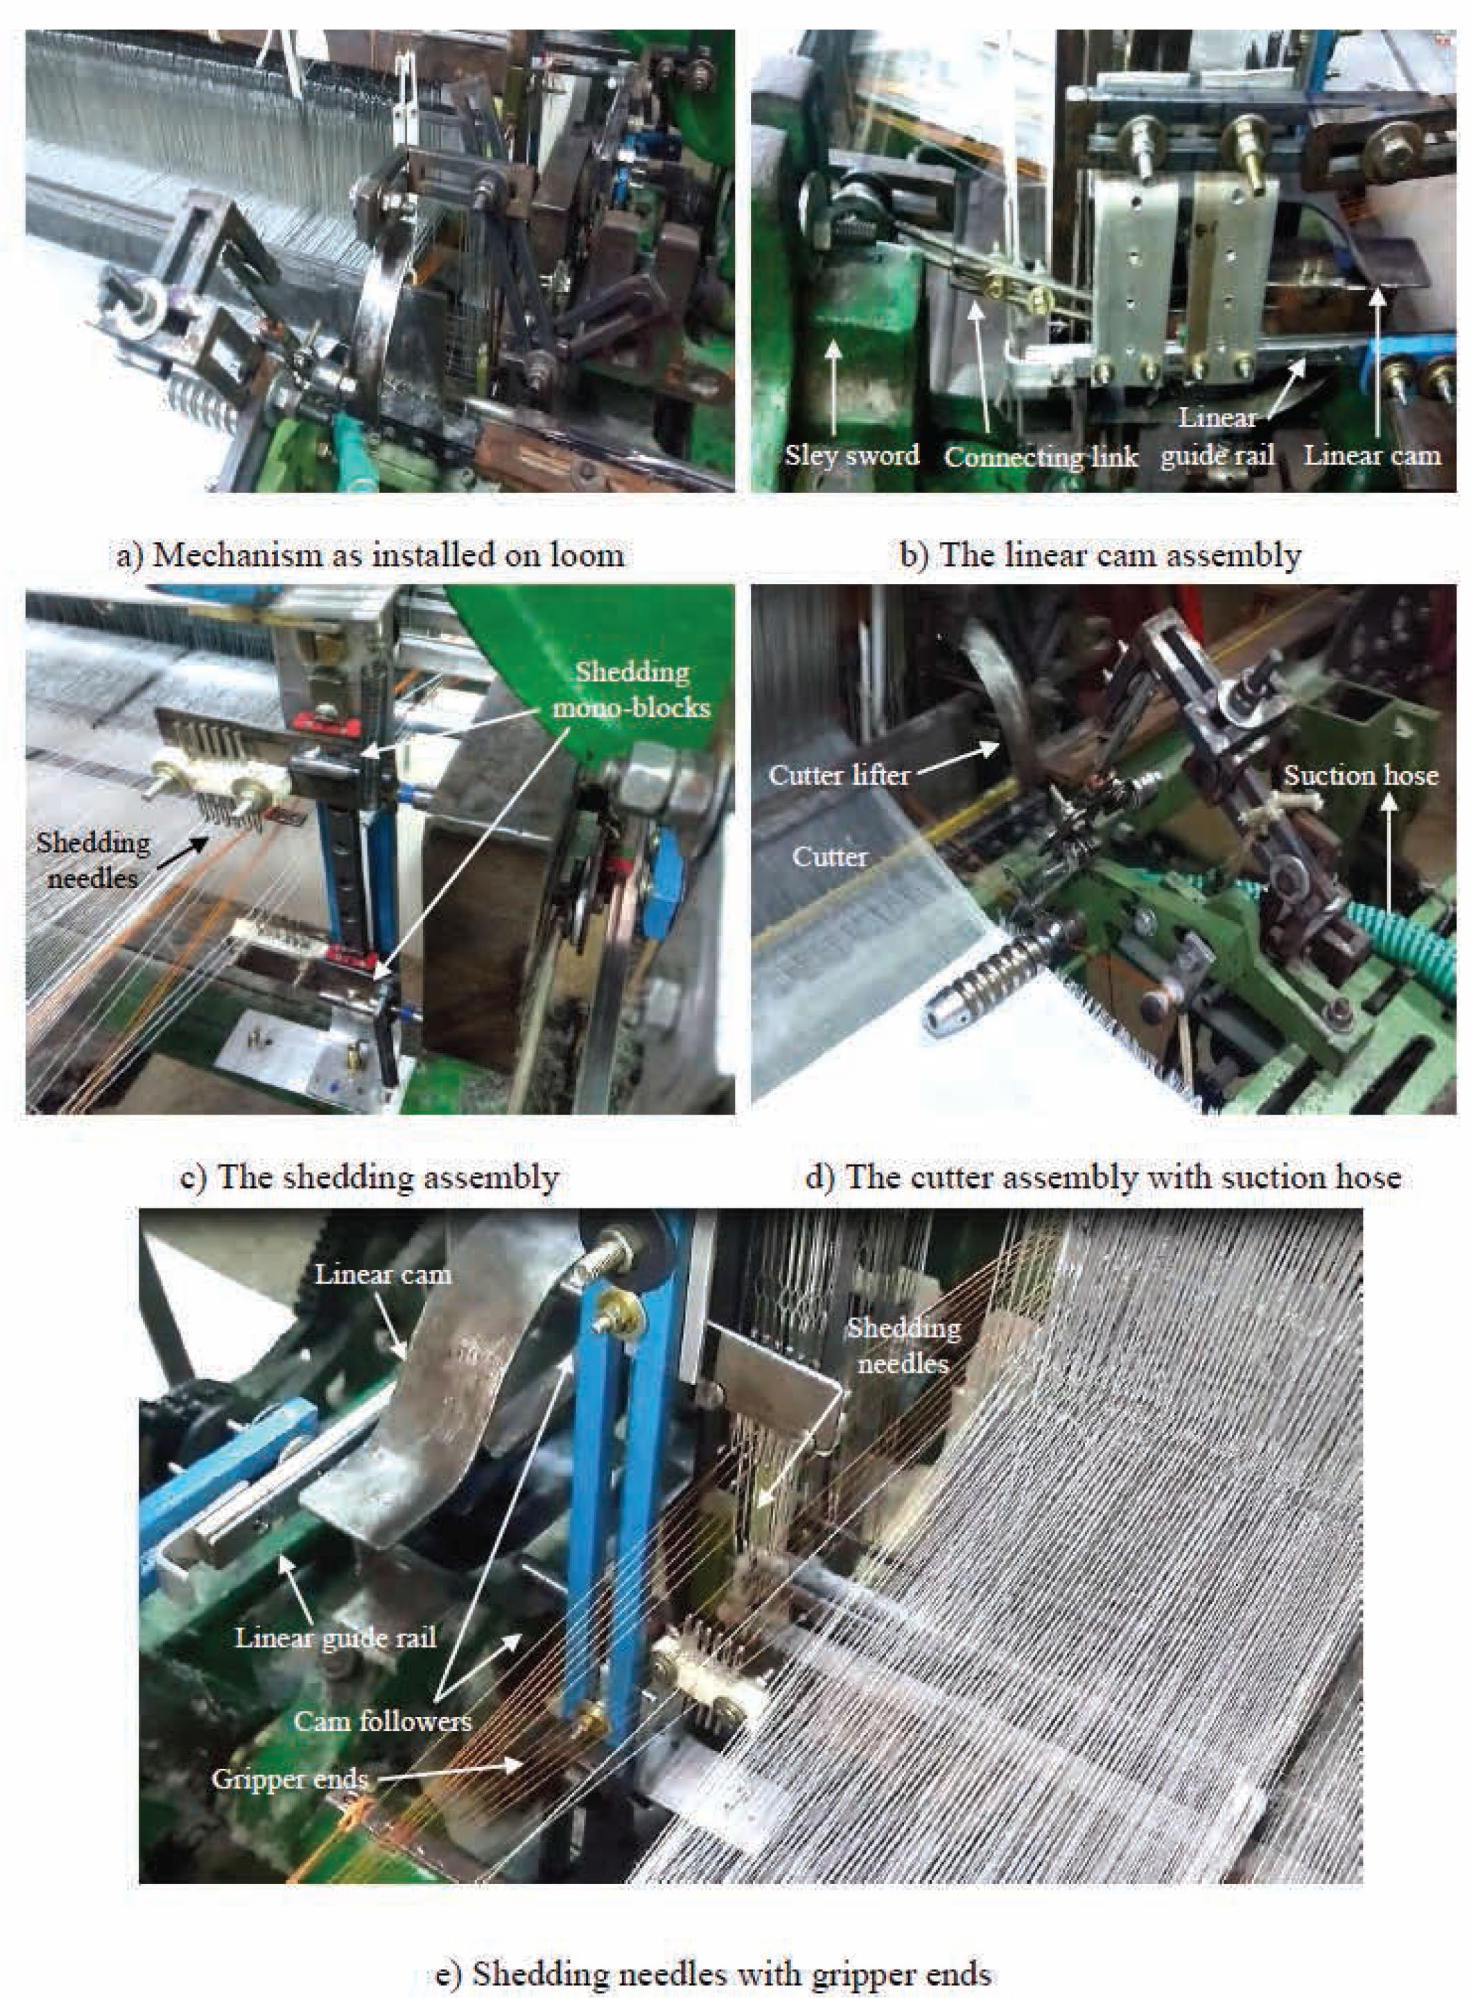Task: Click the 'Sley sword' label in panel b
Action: click(851, 456)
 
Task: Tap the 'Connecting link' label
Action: click(1041, 457)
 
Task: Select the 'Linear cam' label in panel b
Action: click(1371, 456)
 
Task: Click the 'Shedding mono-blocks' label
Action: click(631, 689)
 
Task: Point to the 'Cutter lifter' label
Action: click(838, 774)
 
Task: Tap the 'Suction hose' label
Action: click(1360, 774)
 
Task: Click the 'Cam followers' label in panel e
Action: click(382, 1720)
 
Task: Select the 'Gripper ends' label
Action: click(290, 1779)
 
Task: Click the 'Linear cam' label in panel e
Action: click(383, 1273)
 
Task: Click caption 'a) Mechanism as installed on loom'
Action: click(371, 554)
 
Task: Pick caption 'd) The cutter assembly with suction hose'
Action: click(1102, 1177)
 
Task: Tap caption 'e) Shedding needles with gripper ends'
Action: click(713, 1949)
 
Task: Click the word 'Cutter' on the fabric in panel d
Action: click(830, 856)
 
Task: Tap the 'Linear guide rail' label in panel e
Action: click(335, 1638)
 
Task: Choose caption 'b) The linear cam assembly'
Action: click(1101, 554)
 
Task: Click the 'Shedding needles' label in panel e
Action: click(903, 1346)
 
